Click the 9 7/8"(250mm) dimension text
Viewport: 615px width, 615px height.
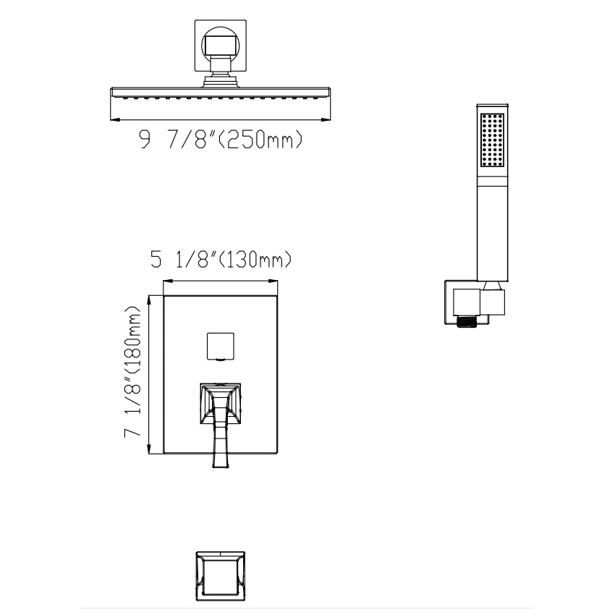(x=221, y=140)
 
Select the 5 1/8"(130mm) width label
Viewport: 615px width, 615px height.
(x=221, y=259)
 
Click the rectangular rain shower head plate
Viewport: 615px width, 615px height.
(x=220, y=94)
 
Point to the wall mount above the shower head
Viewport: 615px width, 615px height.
(x=220, y=45)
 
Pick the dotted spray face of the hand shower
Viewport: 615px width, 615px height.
(x=493, y=140)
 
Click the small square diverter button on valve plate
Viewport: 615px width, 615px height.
(x=220, y=346)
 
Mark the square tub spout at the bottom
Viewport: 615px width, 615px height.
(x=220, y=577)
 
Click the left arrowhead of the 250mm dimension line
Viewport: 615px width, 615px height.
(x=112, y=119)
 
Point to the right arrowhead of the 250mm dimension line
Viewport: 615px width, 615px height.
(x=328, y=119)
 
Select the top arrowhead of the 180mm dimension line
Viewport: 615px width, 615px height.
(x=150, y=298)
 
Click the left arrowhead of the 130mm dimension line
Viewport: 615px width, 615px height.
(x=167, y=281)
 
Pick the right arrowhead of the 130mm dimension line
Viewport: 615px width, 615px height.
(x=275, y=281)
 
